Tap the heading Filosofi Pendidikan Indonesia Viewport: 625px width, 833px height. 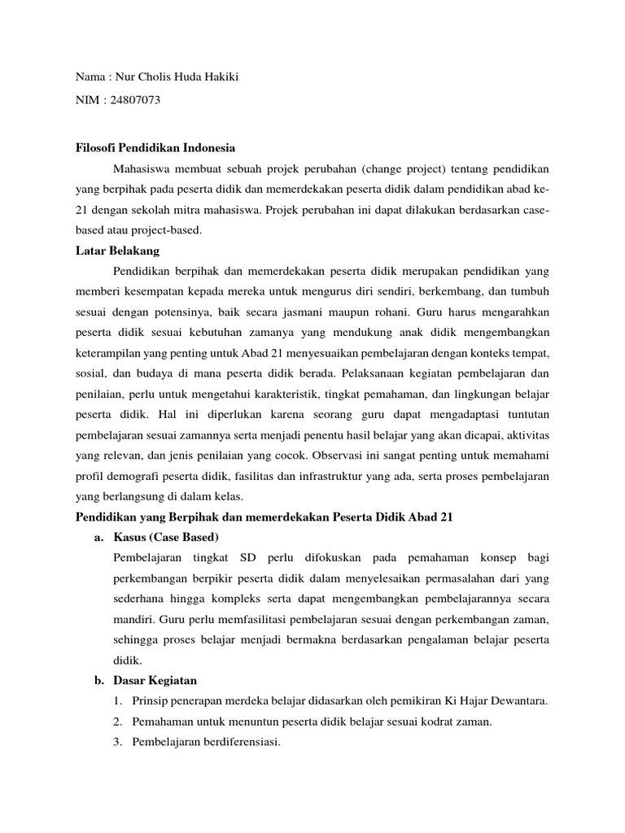[155, 148]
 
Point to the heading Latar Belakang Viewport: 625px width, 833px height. [118, 251]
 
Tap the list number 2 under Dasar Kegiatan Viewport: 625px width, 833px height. [119, 721]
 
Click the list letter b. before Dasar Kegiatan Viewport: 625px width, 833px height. [101, 680]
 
